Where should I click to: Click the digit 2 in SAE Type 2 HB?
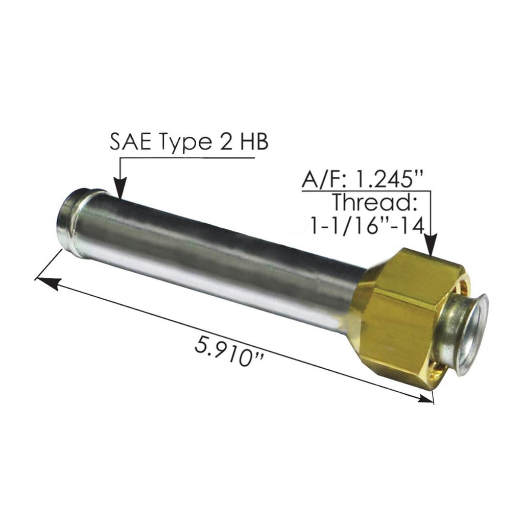(x=226, y=142)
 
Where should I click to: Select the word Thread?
(x=375, y=202)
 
